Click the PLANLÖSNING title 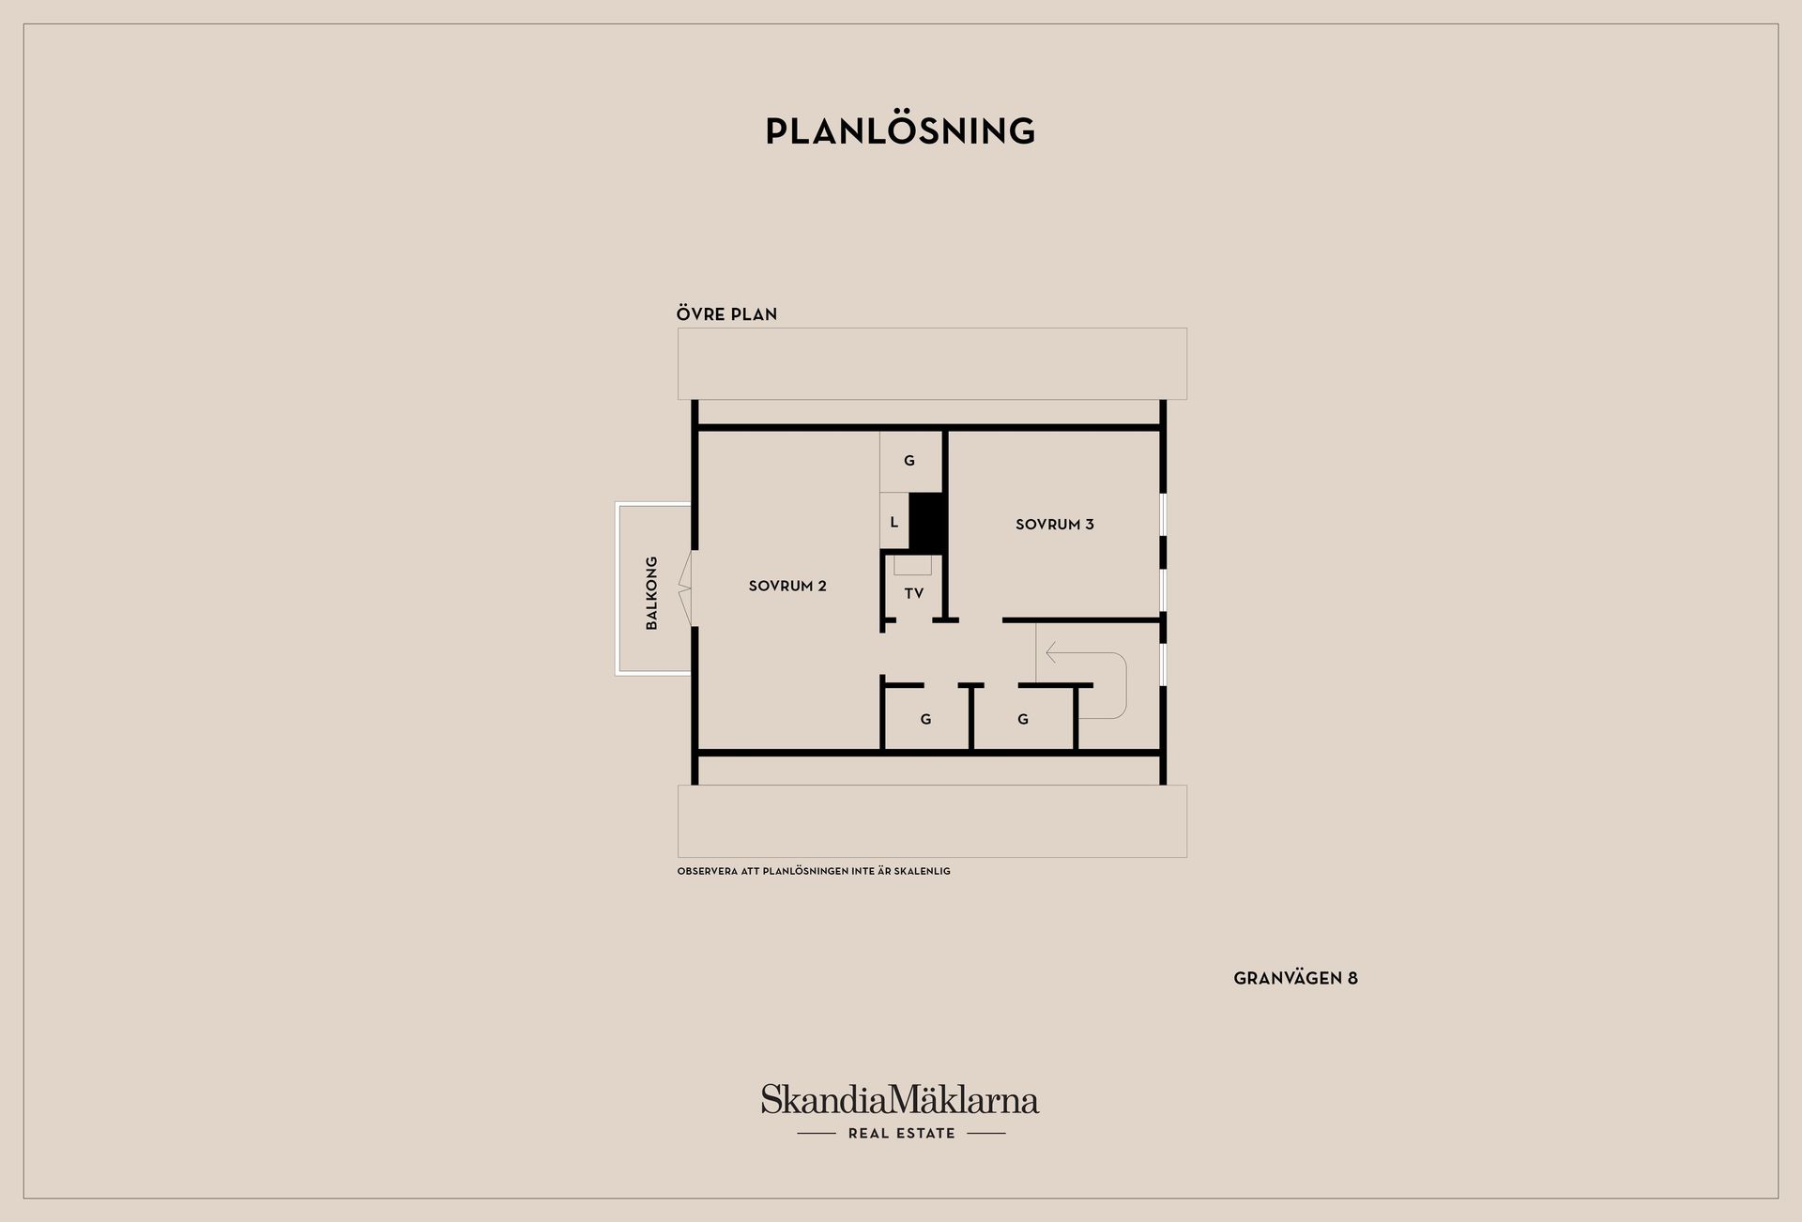tap(900, 131)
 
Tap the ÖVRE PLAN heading tap(726, 313)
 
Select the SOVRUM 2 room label tap(787, 586)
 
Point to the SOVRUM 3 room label tap(1055, 525)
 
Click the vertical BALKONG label tap(652, 592)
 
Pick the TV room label tap(914, 593)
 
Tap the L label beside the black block tap(894, 522)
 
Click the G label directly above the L tap(909, 461)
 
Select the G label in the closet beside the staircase tap(1023, 719)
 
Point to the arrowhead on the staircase tap(1051, 652)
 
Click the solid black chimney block tap(926, 522)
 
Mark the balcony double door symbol tap(686, 588)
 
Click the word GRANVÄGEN tap(1288, 978)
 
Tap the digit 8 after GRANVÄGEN tap(1352, 978)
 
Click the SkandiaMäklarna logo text tap(900, 1099)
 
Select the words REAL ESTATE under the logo tap(901, 1134)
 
